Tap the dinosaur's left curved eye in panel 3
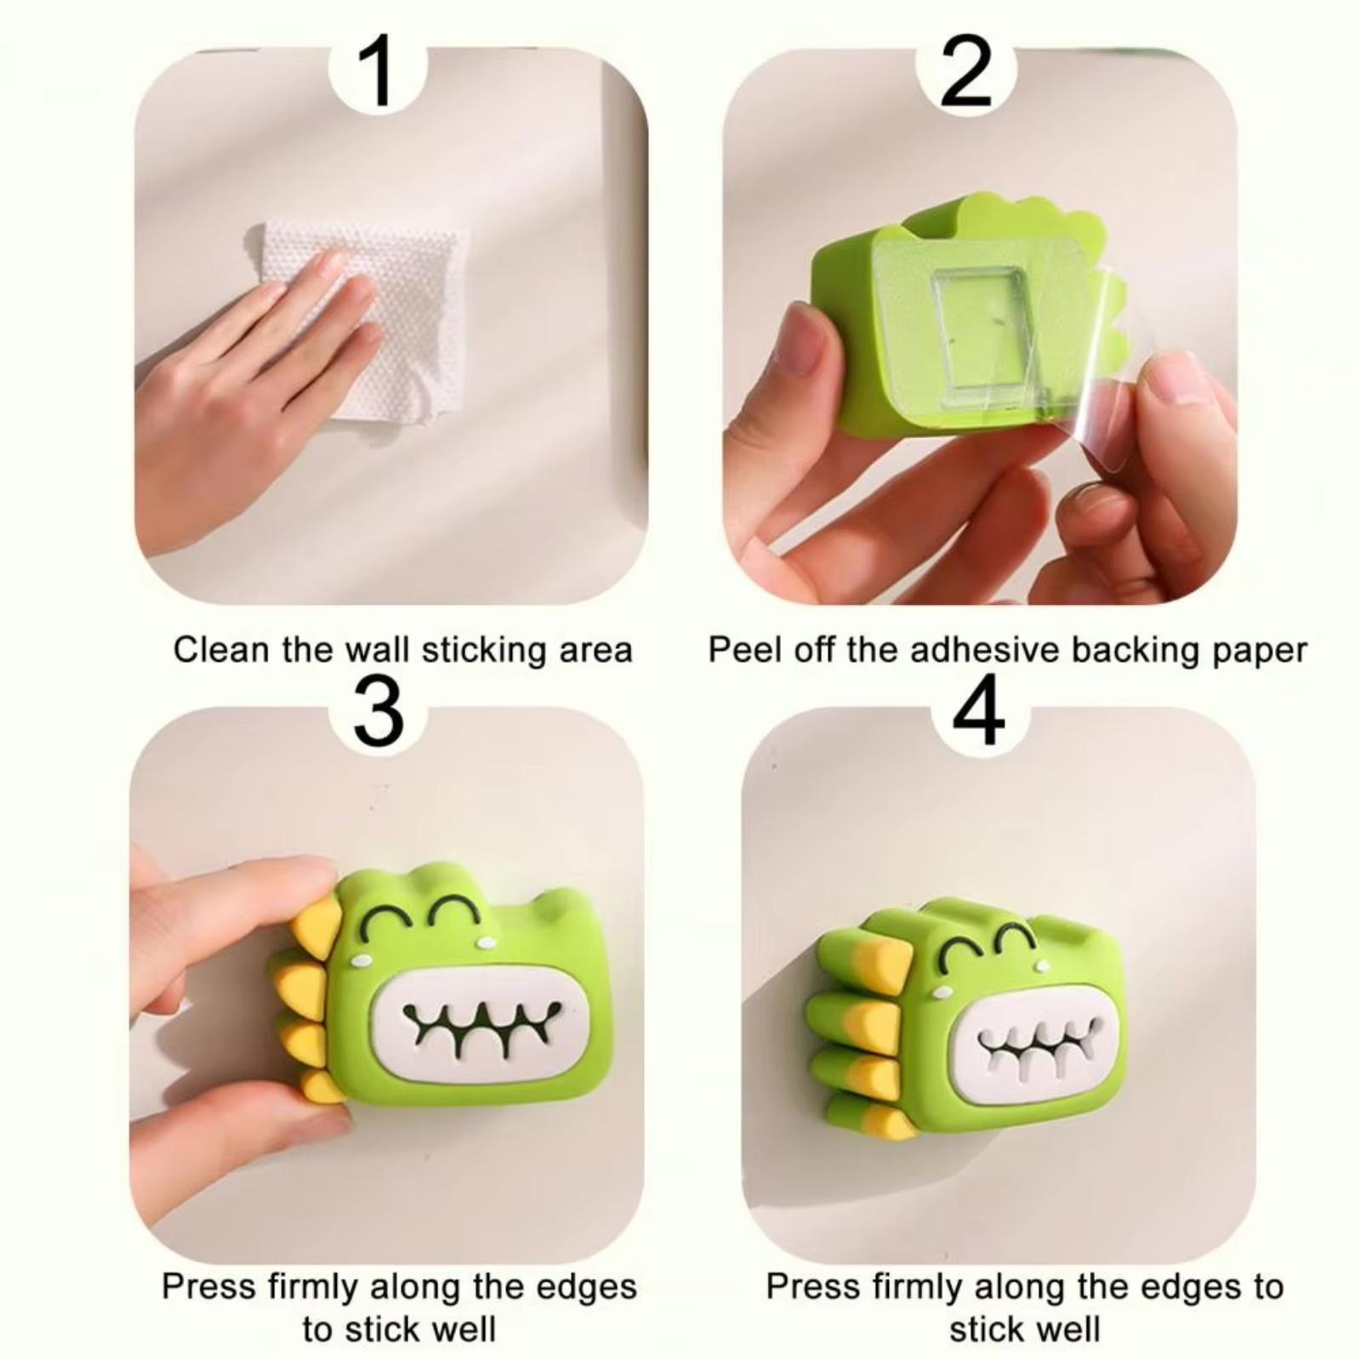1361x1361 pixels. tap(386, 919)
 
